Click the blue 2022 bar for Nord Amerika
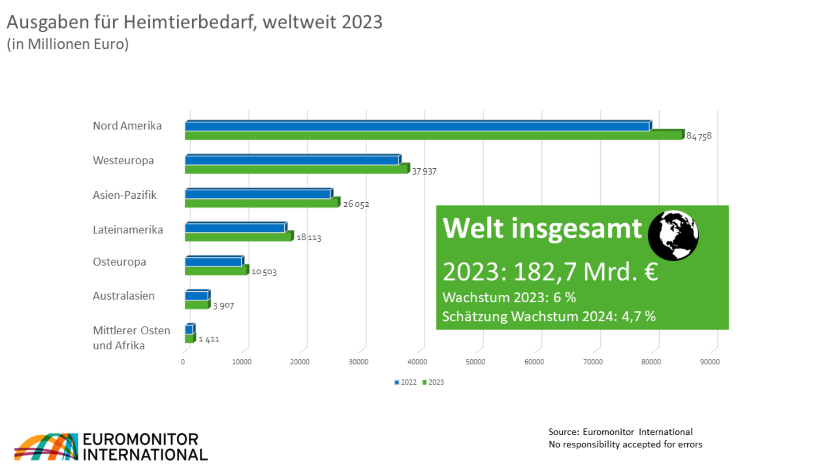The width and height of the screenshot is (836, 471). tap(417, 126)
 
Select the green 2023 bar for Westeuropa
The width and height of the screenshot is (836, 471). tap(296, 169)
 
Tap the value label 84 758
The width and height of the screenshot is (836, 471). tap(699, 136)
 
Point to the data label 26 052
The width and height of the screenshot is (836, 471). tap(356, 204)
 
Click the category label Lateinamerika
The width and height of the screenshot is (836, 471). tap(128, 230)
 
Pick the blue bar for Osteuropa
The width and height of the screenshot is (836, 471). tap(213, 262)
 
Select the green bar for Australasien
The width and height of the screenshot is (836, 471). tap(196, 305)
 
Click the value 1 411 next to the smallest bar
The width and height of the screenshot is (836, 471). tap(209, 339)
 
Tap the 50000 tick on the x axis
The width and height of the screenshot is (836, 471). tap(475, 362)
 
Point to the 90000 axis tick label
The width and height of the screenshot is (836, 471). tap(709, 362)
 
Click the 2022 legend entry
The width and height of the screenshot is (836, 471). tap(405, 382)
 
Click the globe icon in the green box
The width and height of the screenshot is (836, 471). tap(673, 235)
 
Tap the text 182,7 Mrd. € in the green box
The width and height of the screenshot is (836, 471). tap(585, 271)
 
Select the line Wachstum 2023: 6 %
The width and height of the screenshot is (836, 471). tap(509, 297)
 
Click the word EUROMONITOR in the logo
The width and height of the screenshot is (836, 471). tap(140, 439)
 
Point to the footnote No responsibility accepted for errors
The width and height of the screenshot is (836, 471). tap(625, 444)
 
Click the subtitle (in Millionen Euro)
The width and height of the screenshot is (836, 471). tap(67, 44)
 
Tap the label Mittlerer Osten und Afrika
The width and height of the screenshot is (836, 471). tap(131, 337)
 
